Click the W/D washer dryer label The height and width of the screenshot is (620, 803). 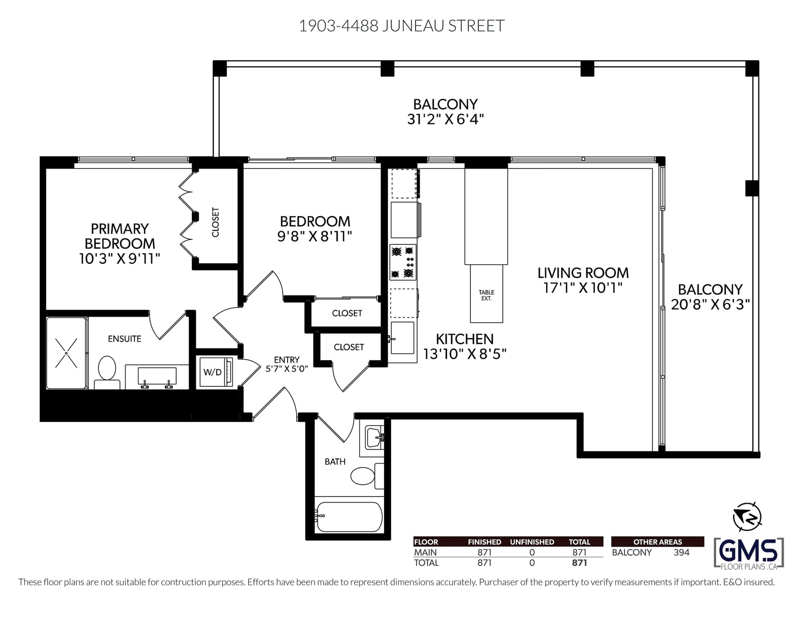(x=212, y=372)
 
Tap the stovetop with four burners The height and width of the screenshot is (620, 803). (x=403, y=262)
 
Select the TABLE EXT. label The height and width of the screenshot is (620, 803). (x=486, y=295)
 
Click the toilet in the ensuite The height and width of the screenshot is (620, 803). (x=107, y=372)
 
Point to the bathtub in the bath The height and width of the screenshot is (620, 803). (x=349, y=517)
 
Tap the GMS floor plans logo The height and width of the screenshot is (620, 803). (x=749, y=553)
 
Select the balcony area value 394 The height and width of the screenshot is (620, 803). (x=682, y=552)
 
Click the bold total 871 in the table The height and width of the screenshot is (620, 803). (x=580, y=563)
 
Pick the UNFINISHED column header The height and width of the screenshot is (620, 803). (x=532, y=542)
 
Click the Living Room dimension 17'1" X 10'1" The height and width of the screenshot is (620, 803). (x=583, y=288)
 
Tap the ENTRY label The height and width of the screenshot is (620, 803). (x=287, y=360)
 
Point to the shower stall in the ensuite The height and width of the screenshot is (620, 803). (x=67, y=353)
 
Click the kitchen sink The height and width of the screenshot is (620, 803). (x=403, y=338)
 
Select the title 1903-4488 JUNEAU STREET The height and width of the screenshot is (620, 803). (x=401, y=26)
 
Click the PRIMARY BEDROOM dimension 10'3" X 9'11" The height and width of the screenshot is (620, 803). (x=119, y=259)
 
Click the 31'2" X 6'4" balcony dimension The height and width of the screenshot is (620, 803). (x=445, y=119)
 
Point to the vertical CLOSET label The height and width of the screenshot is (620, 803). (x=215, y=222)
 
